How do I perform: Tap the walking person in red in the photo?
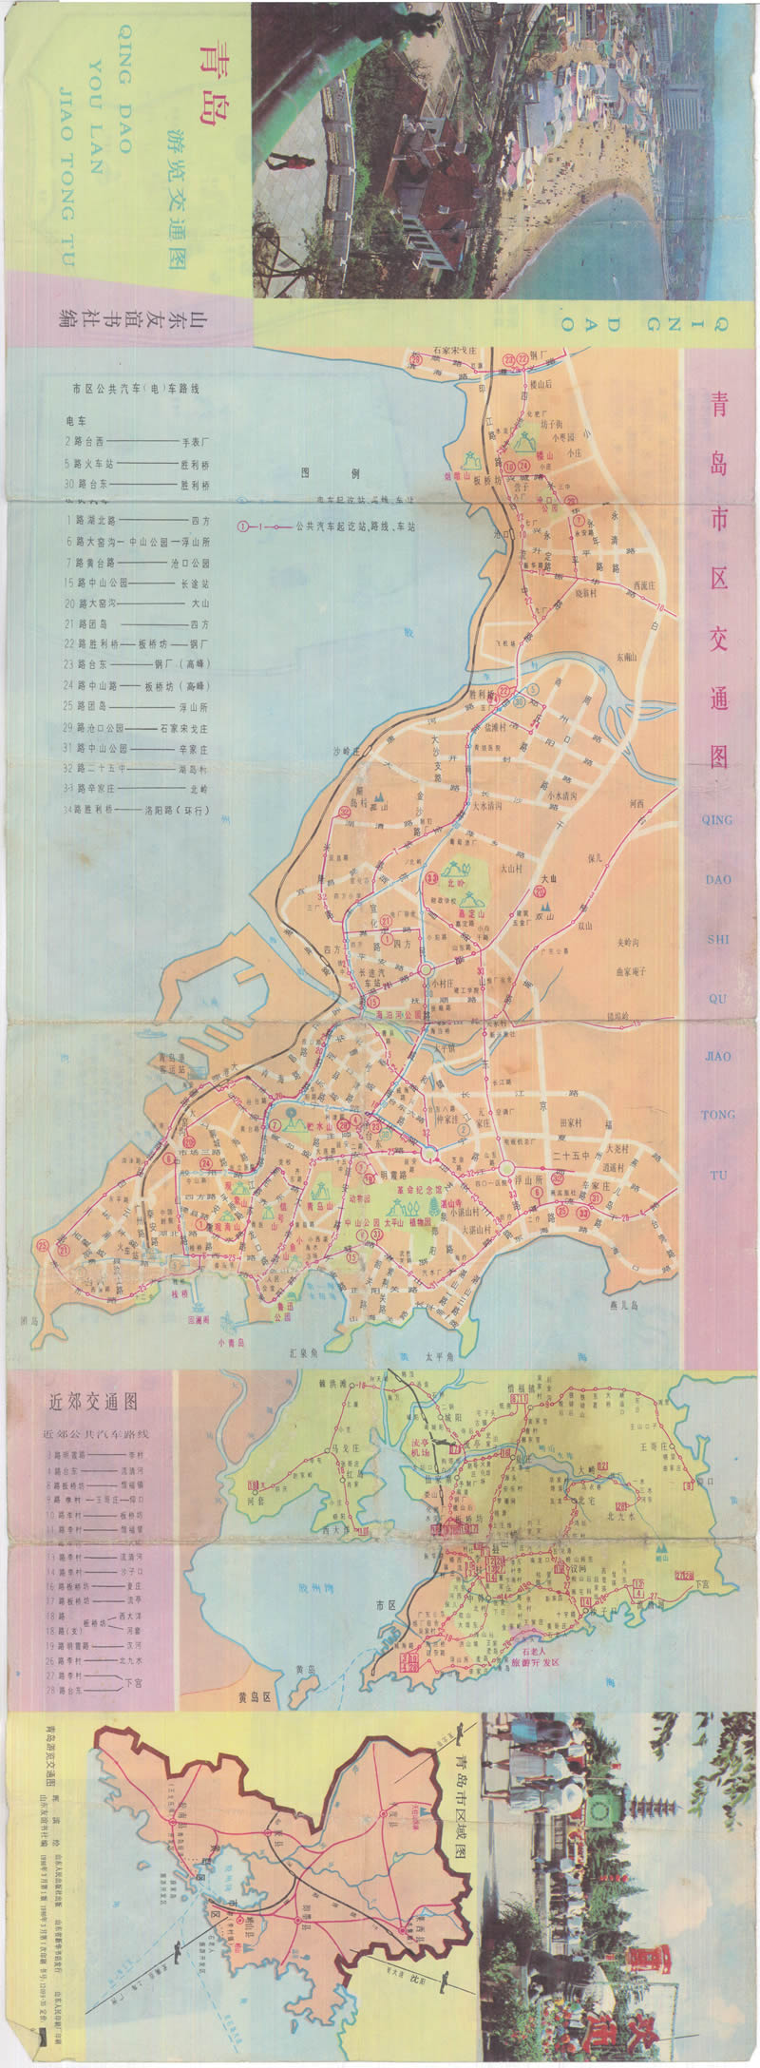pyautogui.click(x=294, y=169)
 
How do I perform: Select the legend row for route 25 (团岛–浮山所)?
pyautogui.click(x=138, y=707)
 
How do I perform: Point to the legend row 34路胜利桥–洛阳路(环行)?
pyautogui.click(x=138, y=811)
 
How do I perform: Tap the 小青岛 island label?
pyautogui.click(x=231, y=1343)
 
